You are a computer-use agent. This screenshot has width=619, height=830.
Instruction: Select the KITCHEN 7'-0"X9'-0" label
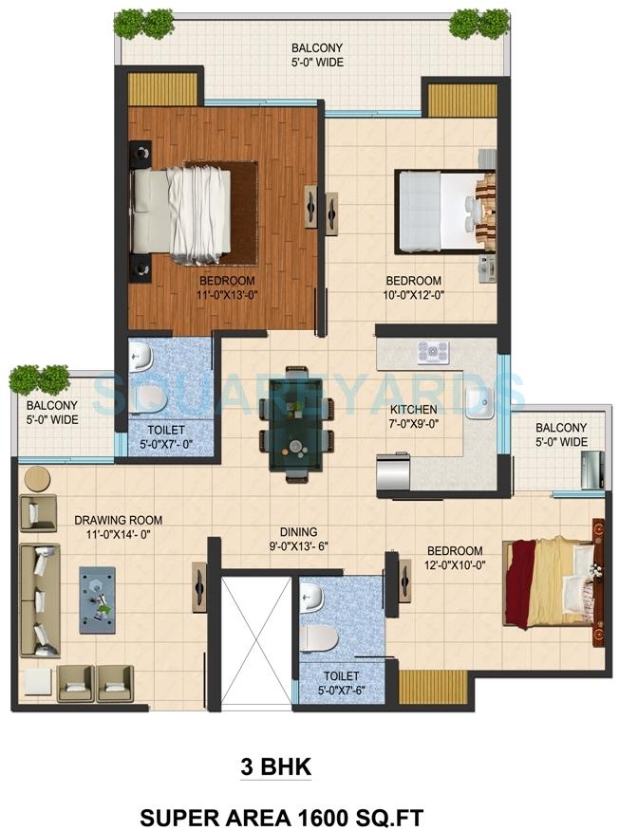(x=414, y=416)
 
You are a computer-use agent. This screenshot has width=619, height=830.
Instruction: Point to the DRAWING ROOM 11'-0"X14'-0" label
(x=118, y=527)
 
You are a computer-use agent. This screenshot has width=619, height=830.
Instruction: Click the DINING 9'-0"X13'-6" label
(x=298, y=539)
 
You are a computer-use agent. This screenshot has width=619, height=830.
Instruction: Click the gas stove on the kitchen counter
(x=432, y=353)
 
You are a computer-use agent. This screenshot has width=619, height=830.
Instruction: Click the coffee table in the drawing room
(x=98, y=599)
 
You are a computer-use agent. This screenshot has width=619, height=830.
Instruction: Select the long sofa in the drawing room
(x=40, y=600)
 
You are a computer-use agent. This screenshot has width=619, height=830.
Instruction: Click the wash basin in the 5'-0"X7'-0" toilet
(x=141, y=356)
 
